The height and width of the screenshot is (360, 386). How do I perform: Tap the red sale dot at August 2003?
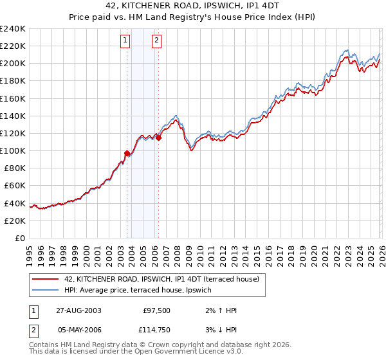point(127,153)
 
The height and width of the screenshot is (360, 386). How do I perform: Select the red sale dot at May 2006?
point(158,138)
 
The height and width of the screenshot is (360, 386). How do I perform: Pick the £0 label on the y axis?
point(19,238)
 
